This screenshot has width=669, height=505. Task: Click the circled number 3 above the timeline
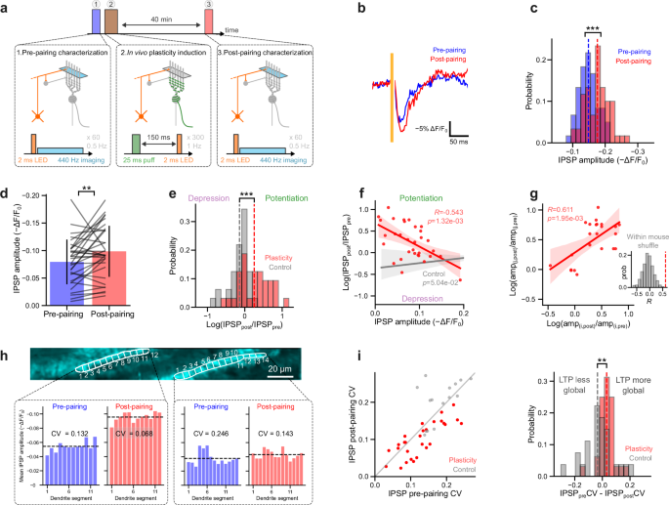(x=207, y=5)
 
